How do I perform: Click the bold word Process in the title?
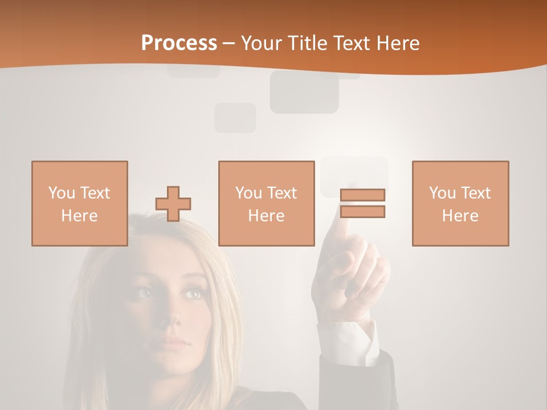[179, 43]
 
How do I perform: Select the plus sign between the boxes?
[173, 204]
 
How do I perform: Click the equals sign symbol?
[362, 203]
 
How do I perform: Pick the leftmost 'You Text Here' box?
[80, 204]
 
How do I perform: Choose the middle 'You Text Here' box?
[267, 204]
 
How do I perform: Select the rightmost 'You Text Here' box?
[460, 204]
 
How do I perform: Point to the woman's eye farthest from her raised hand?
[146, 293]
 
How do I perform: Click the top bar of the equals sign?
[362, 195]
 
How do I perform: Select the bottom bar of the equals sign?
[362, 212]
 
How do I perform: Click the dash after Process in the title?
[229, 43]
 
